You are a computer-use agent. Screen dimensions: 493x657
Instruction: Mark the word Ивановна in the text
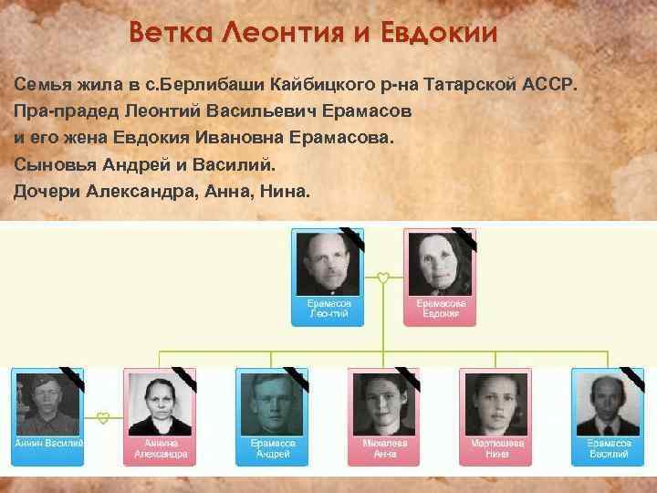(x=238, y=141)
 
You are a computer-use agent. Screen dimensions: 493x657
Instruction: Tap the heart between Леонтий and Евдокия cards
(x=383, y=276)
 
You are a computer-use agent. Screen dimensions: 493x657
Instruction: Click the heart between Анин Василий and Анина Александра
(x=103, y=418)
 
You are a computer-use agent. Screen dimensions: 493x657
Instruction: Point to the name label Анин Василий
(x=47, y=443)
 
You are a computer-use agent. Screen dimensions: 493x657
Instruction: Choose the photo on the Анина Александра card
(x=160, y=402)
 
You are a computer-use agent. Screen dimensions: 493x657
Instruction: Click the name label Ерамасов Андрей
(x=271, y=447)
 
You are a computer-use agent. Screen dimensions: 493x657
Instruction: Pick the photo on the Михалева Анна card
(x=384, y=402)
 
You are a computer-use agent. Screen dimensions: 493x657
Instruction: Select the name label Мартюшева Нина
(x=496, y=447)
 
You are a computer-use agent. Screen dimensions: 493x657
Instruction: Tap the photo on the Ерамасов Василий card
(x=608, y=402)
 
